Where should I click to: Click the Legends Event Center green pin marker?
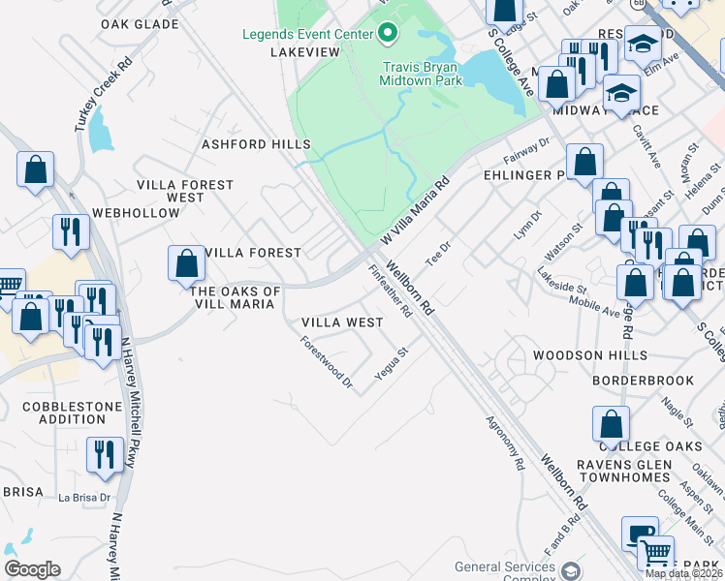388,35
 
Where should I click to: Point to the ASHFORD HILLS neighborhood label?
256,144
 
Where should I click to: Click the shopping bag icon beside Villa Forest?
186,263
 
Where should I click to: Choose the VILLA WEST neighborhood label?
342,321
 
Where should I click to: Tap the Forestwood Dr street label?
326,362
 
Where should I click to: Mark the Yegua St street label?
394,367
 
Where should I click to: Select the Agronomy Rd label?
506,443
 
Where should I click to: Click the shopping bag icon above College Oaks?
611,424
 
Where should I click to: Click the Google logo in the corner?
32,569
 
